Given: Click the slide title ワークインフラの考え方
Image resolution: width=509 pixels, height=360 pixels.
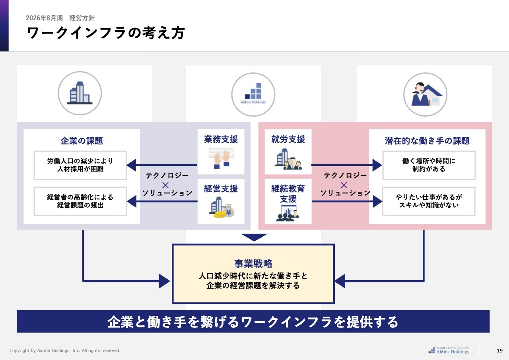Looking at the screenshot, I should [106, 33].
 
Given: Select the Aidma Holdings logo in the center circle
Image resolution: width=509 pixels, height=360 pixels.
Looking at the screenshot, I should [253, 94].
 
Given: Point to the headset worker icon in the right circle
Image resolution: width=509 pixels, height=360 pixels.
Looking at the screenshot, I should [425, 95].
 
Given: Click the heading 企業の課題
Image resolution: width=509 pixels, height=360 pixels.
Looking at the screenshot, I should [82, 141].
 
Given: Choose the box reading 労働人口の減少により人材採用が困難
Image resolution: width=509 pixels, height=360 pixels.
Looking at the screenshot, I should [80, 165].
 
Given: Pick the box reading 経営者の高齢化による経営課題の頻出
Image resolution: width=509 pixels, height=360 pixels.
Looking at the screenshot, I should [80, 201].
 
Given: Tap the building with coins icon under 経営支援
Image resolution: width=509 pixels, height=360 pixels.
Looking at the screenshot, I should [221, 207].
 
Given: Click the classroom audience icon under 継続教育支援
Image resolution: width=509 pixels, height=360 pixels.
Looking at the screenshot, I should [288, 213].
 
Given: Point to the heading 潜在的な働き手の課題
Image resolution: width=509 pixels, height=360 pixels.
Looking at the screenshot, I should [427, 141].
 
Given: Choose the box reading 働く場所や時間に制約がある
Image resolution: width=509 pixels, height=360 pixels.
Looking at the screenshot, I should [429, 165].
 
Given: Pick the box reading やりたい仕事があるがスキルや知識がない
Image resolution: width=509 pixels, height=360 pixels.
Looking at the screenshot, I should [429, 201].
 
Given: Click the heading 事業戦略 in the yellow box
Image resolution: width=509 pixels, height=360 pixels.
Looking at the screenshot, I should [253, 263].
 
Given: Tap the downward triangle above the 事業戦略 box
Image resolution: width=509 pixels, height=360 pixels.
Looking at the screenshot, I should [254, 237].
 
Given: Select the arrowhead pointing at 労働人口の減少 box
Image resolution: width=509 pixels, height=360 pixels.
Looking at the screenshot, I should [131, 165].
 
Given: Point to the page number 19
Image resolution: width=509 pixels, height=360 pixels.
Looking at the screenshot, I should [500, 350].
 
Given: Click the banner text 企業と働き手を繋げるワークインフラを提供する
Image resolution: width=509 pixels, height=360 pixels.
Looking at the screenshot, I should [253, 322].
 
